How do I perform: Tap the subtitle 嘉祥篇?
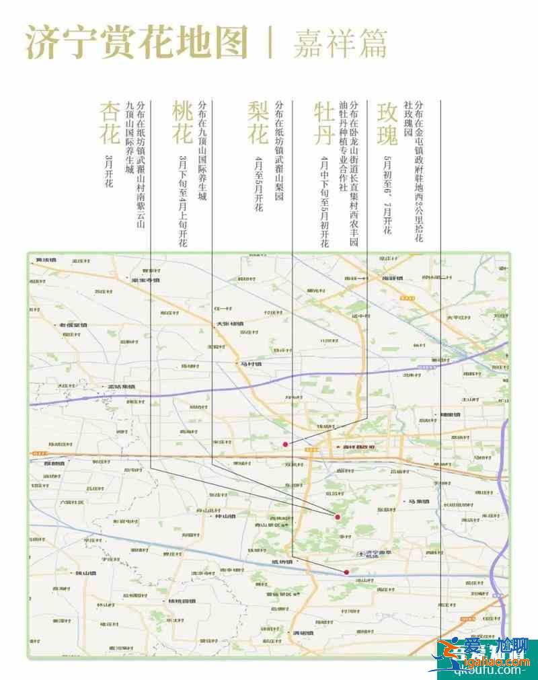(x=340, y=43)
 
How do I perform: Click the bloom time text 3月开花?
(x=110, y=171)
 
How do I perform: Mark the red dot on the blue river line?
(x=346, y=572)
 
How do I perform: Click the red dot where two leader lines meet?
(x=338, y=517)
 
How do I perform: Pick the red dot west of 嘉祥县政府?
(x=286, y=445)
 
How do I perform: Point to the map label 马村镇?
(x=250, y=363)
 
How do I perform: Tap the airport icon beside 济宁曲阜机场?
(x=361, y=554)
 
